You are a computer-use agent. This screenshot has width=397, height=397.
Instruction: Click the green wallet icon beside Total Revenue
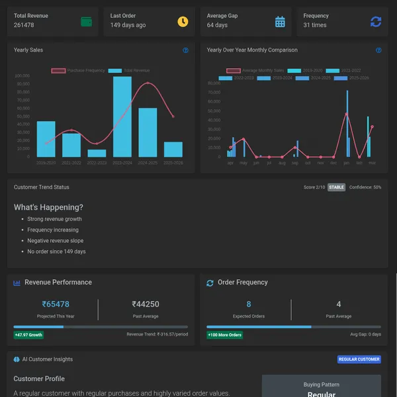coord(86,22)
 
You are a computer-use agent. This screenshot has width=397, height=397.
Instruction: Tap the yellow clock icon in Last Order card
coord(183,22)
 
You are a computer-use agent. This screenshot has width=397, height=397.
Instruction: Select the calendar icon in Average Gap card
coord(280,22)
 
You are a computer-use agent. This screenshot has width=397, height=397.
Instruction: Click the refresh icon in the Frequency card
coord(376,22)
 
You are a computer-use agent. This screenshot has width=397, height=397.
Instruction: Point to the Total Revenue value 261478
coord(24,25)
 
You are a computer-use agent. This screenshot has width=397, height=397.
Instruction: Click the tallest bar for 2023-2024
coord(122,116)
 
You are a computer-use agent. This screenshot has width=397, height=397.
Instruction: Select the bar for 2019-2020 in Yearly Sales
coord(46,139)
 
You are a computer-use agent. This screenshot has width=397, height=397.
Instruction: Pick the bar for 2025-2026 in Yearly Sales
coord(173,149)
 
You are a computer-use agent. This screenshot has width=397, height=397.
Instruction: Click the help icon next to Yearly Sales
coord(185,50)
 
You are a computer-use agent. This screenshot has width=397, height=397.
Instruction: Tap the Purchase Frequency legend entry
coord(77,70)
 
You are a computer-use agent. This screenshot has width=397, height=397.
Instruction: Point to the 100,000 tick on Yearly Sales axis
coord(22,76)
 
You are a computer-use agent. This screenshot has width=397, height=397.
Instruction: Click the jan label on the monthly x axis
coord(346,163)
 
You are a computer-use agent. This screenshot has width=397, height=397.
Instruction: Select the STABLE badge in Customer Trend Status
coord(336,187)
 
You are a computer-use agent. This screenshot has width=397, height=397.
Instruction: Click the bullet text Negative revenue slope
coord(55,241)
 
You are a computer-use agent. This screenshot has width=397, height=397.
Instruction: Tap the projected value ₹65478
coord(56,304)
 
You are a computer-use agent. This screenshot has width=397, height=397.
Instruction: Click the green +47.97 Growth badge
coord(28,335)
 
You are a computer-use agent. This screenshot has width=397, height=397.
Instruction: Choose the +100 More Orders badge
coord(225,335)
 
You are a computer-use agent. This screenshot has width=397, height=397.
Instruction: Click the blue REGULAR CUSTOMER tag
coord(359,359)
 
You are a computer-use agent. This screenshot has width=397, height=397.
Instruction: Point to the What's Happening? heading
coord(48,207)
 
